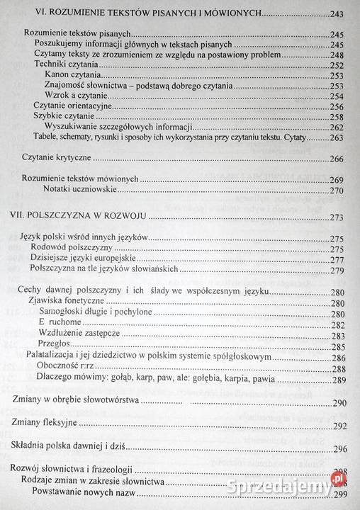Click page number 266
coord(337,159)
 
